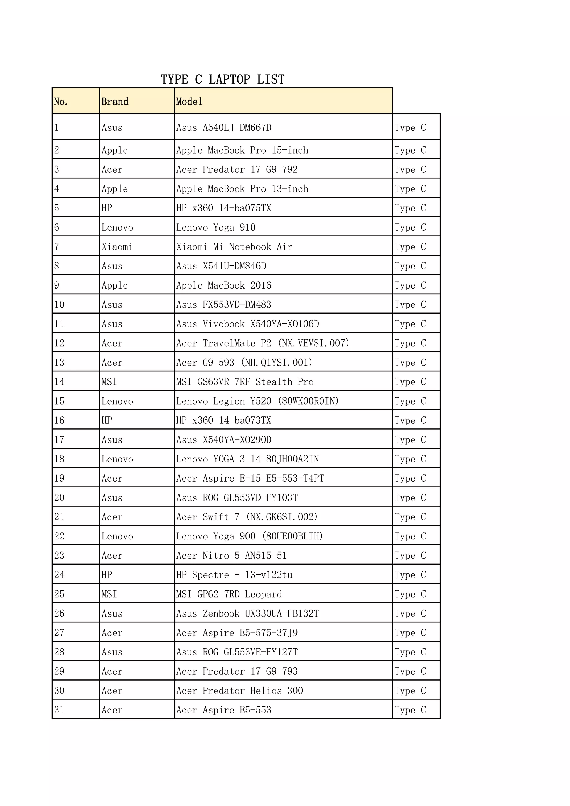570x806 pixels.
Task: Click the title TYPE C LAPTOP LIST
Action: (x=222, y=79)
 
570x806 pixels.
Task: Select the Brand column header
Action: (x=115, y=102)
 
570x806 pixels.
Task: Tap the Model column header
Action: (x=189, y=102)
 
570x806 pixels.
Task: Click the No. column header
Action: (x=60, y=102)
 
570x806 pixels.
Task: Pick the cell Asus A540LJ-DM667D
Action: (x=224, y=127)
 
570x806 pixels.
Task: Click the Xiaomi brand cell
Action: (x=117, y=247)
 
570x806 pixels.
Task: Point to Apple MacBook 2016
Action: (x=224, y=285)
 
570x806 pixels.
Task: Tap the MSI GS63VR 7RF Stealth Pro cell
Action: (x=245, y=382)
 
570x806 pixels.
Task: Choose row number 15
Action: (x=59, y=401)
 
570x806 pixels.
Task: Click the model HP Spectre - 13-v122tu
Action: (x=234, y=575)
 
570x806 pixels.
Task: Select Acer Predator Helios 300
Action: (x=240, y=691)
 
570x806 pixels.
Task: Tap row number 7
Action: (x=56, y=247)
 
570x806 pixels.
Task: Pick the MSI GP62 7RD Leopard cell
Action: (x=229, y=594)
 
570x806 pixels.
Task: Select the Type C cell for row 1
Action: (x=410, y=127)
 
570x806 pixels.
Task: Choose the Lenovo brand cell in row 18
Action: (x=117, y=459)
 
